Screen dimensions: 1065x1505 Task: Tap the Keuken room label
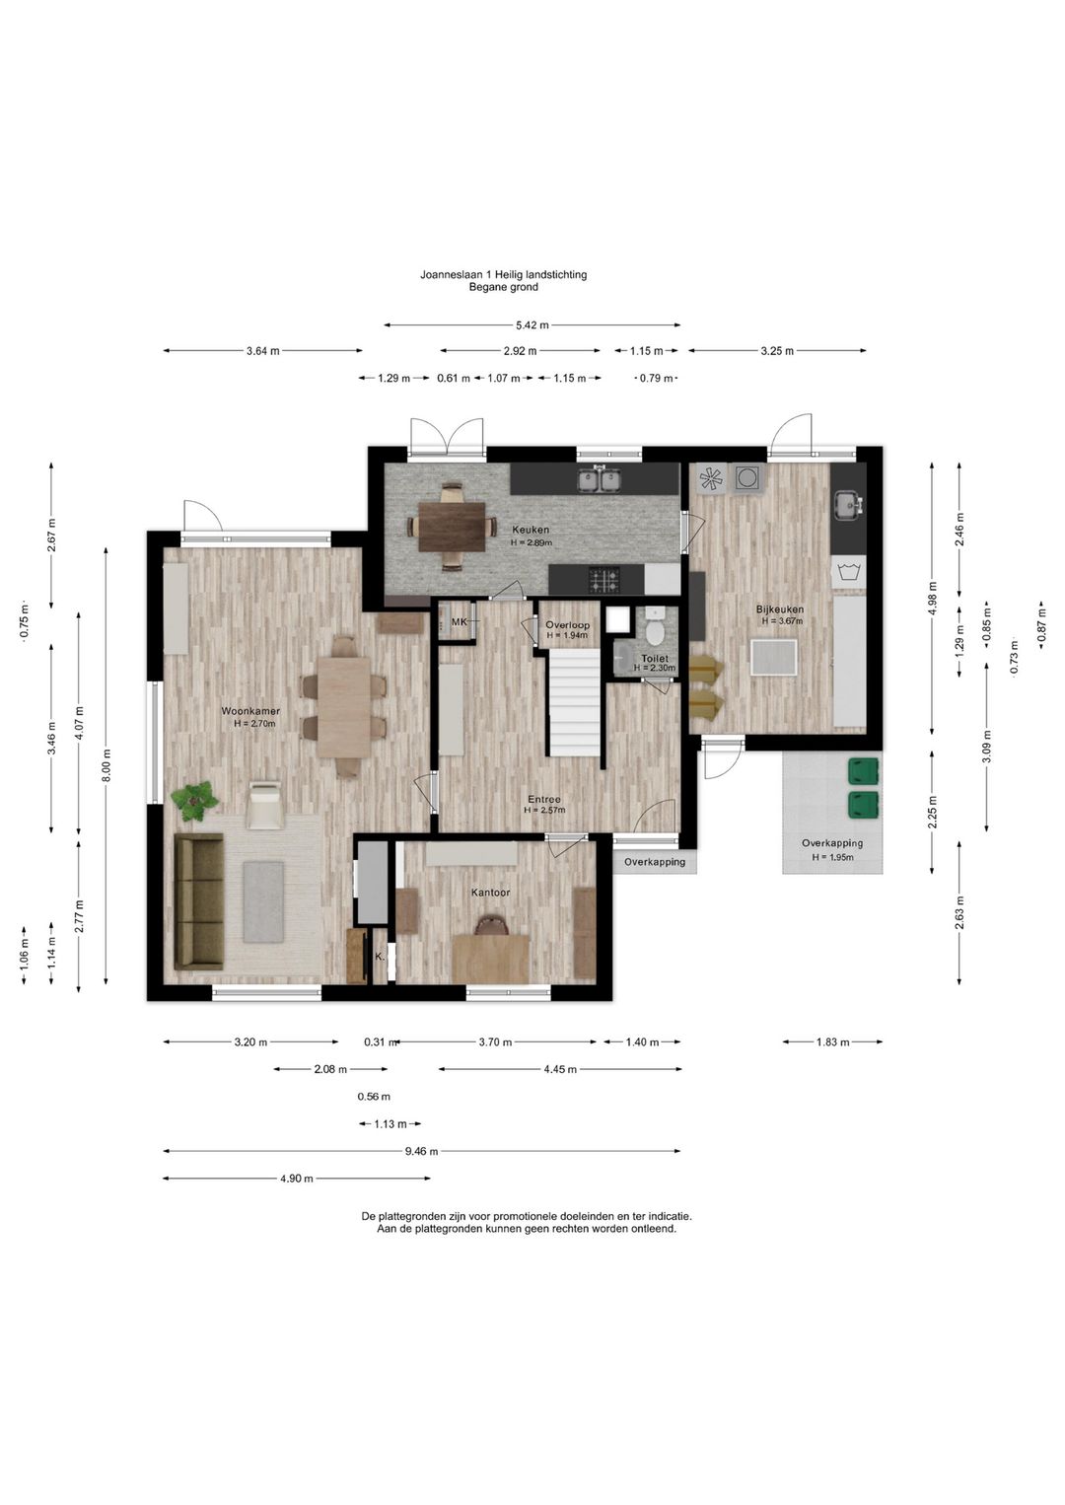pyautogui.click(x=531, y=530)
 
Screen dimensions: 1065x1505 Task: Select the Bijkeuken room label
pyautogui.click(x=779, y=609)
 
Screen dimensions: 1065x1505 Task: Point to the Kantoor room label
pyautogui.click(x=490, y=893)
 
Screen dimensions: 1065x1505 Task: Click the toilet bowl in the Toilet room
pyautogui.click(x=654, y=627)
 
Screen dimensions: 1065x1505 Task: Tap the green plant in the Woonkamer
pyautogui.click(x=194, y=800)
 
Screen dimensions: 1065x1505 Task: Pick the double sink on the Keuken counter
pyautogui.click(x=599, y=479)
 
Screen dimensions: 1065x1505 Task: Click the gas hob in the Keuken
pyautogui.click(x=604, y=580)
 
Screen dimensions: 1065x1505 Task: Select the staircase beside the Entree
pyautogui.click(x=575, y=702)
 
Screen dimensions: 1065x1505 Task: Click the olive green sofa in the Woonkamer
pyautogui.click(x=198, y=900)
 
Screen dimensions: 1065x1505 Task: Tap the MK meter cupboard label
pyautogui.click(x=459, y=622)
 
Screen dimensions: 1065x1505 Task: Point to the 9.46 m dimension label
pyautogui.click(x=421, y=1151)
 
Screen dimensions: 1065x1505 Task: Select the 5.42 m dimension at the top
pyautogui.click(x=532, y=325)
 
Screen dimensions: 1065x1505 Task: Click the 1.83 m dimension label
pyautogui.click(x=832, y=1042)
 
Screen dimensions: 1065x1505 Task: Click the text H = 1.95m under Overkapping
pyautogui.click(x=832, y=857)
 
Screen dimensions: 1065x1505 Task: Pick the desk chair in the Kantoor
pyautogui.click(x=490, y=926)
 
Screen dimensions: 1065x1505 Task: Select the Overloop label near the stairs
pyautogui.click(x=567, y=625)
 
